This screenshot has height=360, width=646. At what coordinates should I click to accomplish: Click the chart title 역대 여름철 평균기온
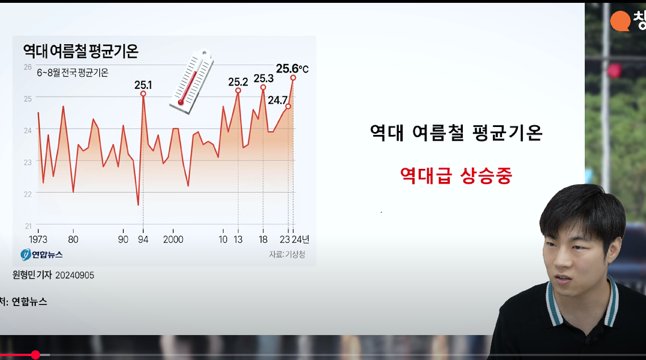pos(81,51)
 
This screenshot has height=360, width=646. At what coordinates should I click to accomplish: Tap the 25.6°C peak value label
pos(292,69)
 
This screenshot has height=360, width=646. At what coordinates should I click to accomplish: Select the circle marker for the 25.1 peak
pos(143,94)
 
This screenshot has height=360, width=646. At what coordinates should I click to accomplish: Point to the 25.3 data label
pos(263,78)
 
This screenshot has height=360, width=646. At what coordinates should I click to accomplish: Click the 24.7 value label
pos(277,100)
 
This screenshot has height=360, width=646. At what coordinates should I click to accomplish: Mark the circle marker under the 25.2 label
pos(238,91)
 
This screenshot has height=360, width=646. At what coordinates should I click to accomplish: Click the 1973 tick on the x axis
pos(38,239)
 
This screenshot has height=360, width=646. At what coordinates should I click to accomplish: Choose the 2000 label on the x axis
pos(173,239)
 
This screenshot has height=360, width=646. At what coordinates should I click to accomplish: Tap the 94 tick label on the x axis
pos(143,239)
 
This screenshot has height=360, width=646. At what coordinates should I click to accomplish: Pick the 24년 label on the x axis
pos(301,239)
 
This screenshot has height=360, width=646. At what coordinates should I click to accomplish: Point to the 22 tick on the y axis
pos(28,194)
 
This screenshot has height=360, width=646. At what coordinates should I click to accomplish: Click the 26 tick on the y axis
pos(28,67)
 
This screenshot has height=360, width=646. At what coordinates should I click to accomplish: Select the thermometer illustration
pos(192,82)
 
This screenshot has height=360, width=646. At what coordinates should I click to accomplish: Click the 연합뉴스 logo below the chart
pos(41,255)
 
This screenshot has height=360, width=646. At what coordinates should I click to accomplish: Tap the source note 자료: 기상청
pos(287,255)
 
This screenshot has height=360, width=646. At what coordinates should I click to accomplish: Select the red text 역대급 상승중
pos(456,176)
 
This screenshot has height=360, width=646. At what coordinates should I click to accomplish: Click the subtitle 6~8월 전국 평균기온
pos(73,73)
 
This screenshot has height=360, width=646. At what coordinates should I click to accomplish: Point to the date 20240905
pos(74,275)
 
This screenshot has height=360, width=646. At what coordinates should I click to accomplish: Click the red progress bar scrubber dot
pos(35,355)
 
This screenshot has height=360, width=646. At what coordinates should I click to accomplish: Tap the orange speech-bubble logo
pos(620,21)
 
